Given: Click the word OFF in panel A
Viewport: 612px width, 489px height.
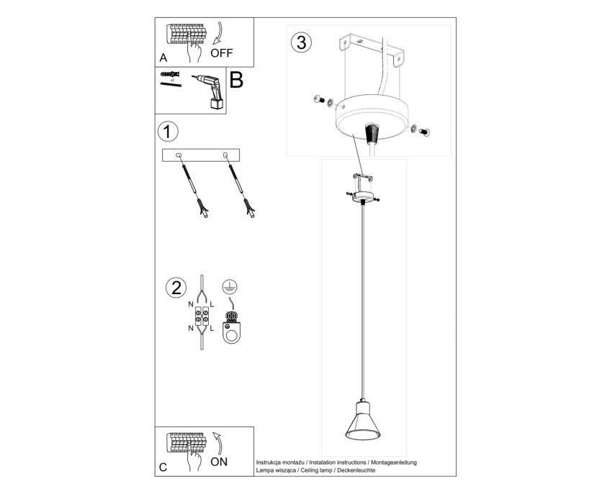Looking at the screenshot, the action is pos(221,53).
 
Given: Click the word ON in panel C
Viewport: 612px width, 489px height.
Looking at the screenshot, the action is pos(219,462).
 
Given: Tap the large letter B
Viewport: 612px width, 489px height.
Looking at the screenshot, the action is pos(237,80).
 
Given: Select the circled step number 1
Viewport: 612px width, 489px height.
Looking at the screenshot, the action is pos(168,132).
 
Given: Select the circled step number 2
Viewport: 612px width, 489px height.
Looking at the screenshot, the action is pos(176,288).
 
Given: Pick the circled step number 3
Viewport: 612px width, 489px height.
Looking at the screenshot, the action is pos(301,42).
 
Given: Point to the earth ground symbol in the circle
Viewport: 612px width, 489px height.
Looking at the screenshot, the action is pos(230,287).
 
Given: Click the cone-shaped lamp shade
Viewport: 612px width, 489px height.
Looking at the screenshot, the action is pos(363,425).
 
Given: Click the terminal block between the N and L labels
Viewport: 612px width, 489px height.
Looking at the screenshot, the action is pos(202,316).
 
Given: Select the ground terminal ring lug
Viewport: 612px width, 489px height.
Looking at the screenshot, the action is pos(231,328).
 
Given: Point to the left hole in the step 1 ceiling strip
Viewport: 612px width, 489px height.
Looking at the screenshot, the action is pos(179,155).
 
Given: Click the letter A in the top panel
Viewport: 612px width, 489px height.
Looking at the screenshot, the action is pos(163,58).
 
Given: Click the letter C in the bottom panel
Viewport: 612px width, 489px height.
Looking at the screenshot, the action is pos(163,467).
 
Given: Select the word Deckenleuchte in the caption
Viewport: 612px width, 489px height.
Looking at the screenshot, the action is pos(356,470).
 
